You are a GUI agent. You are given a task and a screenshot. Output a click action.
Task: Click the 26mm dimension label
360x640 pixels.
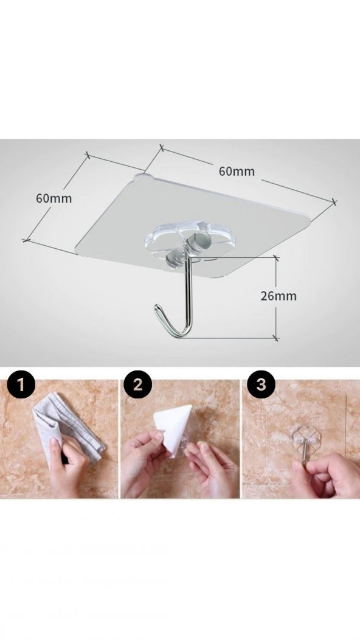pos(279,296)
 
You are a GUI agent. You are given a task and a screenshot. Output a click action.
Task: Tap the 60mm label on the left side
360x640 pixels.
pos(54,198)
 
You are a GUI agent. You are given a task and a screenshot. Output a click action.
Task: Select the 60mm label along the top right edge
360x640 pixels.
pos(237,171)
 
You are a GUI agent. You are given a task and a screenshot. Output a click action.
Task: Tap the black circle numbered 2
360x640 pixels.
pos(138,384)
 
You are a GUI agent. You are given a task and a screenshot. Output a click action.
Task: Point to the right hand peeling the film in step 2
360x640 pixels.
pos(212,467)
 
